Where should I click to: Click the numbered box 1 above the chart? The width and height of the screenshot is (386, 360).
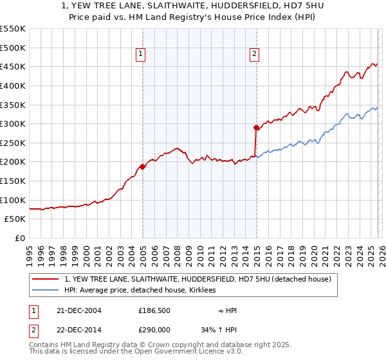pos(140,55)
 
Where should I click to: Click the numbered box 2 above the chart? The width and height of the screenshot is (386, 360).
pos(254,55)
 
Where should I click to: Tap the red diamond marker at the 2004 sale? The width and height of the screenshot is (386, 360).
pos(142,166)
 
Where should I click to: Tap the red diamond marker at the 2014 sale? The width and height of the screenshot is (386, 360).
pos(256,127)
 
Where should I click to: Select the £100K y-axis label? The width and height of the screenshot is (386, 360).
pos(13,200)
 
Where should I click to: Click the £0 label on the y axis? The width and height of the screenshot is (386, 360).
pos(21,238)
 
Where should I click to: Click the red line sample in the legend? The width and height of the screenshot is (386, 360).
pos(45,279)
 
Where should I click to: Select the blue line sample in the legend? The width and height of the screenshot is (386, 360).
pos(45,291)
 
